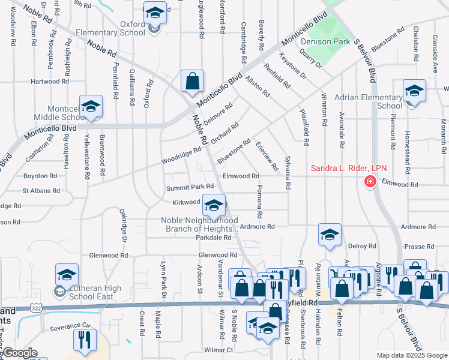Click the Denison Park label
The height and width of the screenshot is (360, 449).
325,41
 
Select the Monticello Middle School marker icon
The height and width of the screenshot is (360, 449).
90,106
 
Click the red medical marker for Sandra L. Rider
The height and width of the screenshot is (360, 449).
370,181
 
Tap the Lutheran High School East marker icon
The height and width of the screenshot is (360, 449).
67,275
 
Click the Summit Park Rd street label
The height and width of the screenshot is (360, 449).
190,188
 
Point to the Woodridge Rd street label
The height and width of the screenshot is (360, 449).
181,158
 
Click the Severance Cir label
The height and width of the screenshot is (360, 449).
70,327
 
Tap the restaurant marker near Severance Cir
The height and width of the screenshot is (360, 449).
84,340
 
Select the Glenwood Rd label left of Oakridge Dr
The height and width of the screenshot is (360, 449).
107,255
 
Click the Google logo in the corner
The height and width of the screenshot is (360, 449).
20,353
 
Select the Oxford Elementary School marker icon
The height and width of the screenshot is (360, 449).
154,13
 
